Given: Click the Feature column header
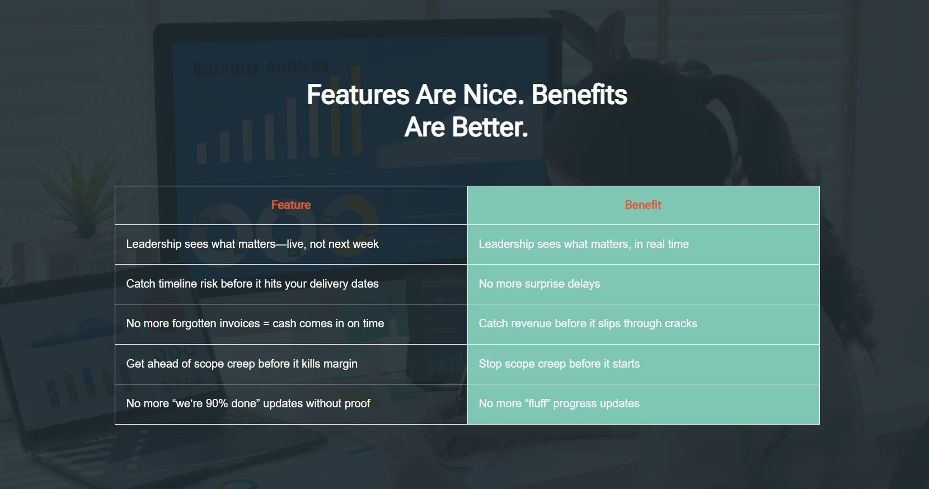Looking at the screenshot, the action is tap(290, 205).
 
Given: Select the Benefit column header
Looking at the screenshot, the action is tap(643, 205).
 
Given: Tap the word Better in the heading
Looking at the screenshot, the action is tap(490, 127).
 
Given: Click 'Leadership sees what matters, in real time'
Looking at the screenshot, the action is tap(584, 244).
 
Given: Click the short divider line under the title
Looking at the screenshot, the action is tap(467, 158).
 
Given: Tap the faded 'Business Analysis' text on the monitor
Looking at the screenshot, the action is tap(260, 67).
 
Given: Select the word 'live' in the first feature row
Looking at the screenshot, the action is tap(296, 244).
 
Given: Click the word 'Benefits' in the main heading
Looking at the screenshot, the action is tap(579, 95).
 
